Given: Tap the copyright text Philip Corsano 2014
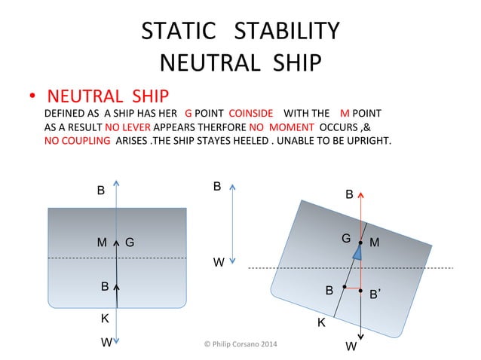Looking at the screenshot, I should (240, 344).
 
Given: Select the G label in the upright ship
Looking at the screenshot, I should (130, 243).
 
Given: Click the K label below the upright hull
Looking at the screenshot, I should (106, 318).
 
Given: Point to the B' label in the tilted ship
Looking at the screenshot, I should (375, 296).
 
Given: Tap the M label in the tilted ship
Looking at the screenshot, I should (375, 243).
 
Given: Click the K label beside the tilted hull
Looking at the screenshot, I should (320, 322).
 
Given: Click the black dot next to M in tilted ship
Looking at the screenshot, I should (361, 243).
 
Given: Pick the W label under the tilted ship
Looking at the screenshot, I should (351, 346).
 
